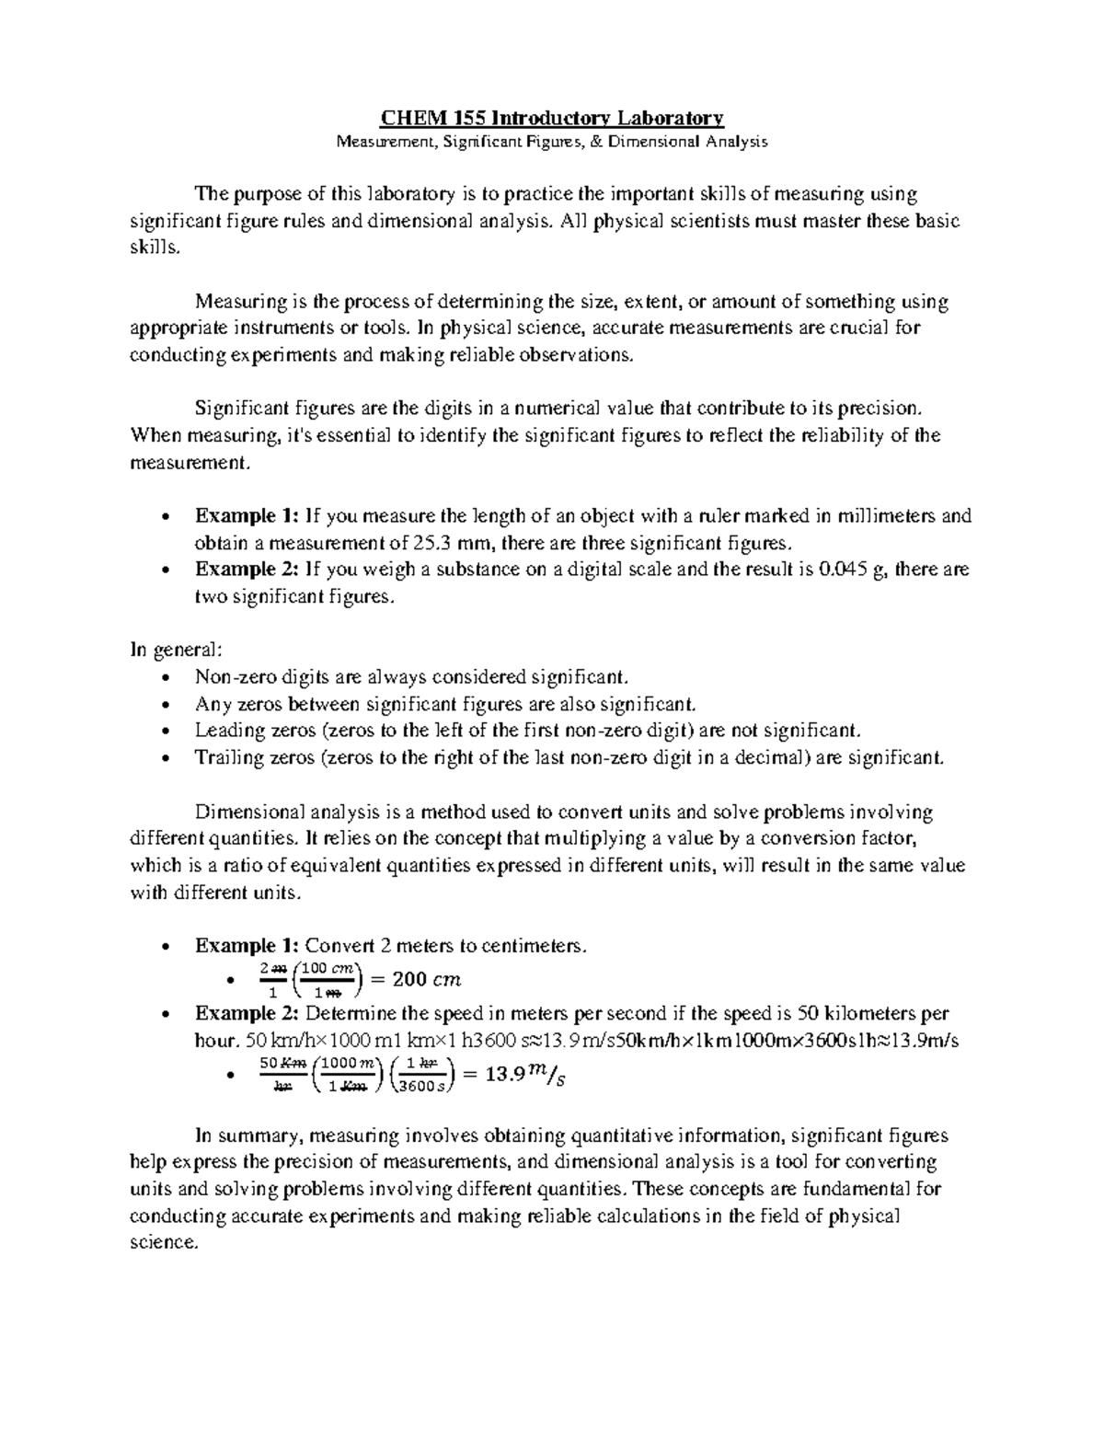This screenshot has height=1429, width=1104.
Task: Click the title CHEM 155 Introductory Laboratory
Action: coord(553,118)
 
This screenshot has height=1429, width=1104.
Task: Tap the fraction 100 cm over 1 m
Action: coord(328,979)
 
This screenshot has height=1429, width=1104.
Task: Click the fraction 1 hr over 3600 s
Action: coord(420,1075)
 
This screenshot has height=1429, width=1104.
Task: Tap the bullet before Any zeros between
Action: coord(165,705)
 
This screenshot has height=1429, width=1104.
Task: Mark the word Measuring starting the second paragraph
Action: coord(233,302)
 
